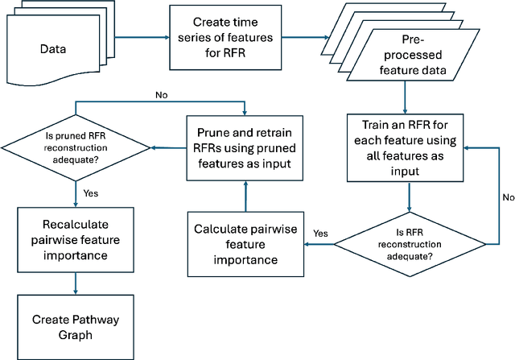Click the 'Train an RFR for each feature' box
(405, 147)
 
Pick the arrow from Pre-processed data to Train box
(405, 97)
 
